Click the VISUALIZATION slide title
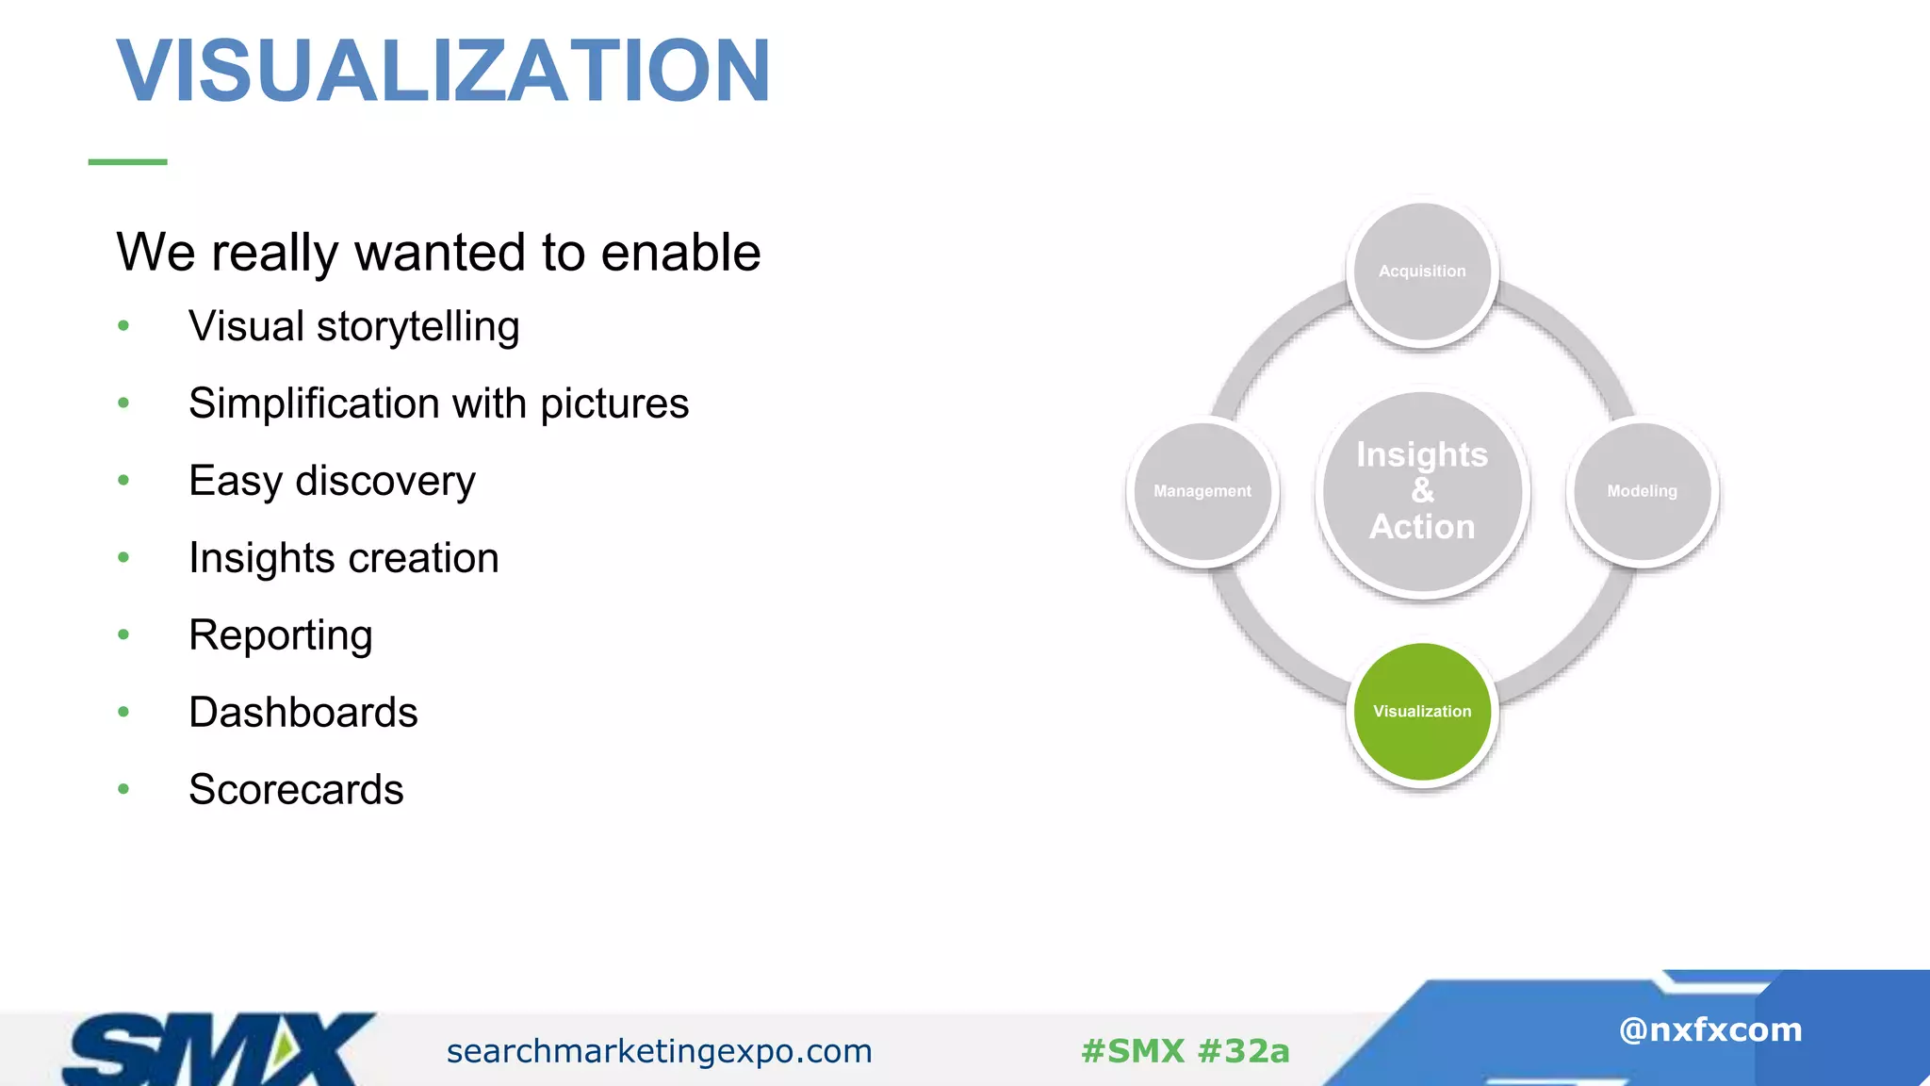(443, 71)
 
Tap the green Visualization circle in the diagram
(1422, 712)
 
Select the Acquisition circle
(1422, 271)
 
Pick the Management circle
(1202, 491)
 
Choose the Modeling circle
(1642, 491)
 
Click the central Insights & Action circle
(1422, 491)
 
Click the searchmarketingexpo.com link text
(659, 1051)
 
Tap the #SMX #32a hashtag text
(1185, 1051)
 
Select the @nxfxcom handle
(1709, 1029)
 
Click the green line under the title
(127, 162)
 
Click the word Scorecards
(296, 790)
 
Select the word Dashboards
(303, 713)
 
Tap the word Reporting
(280, 635)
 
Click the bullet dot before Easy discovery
(123, 481)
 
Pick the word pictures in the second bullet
(614, 404)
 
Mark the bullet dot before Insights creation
(123, 558)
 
